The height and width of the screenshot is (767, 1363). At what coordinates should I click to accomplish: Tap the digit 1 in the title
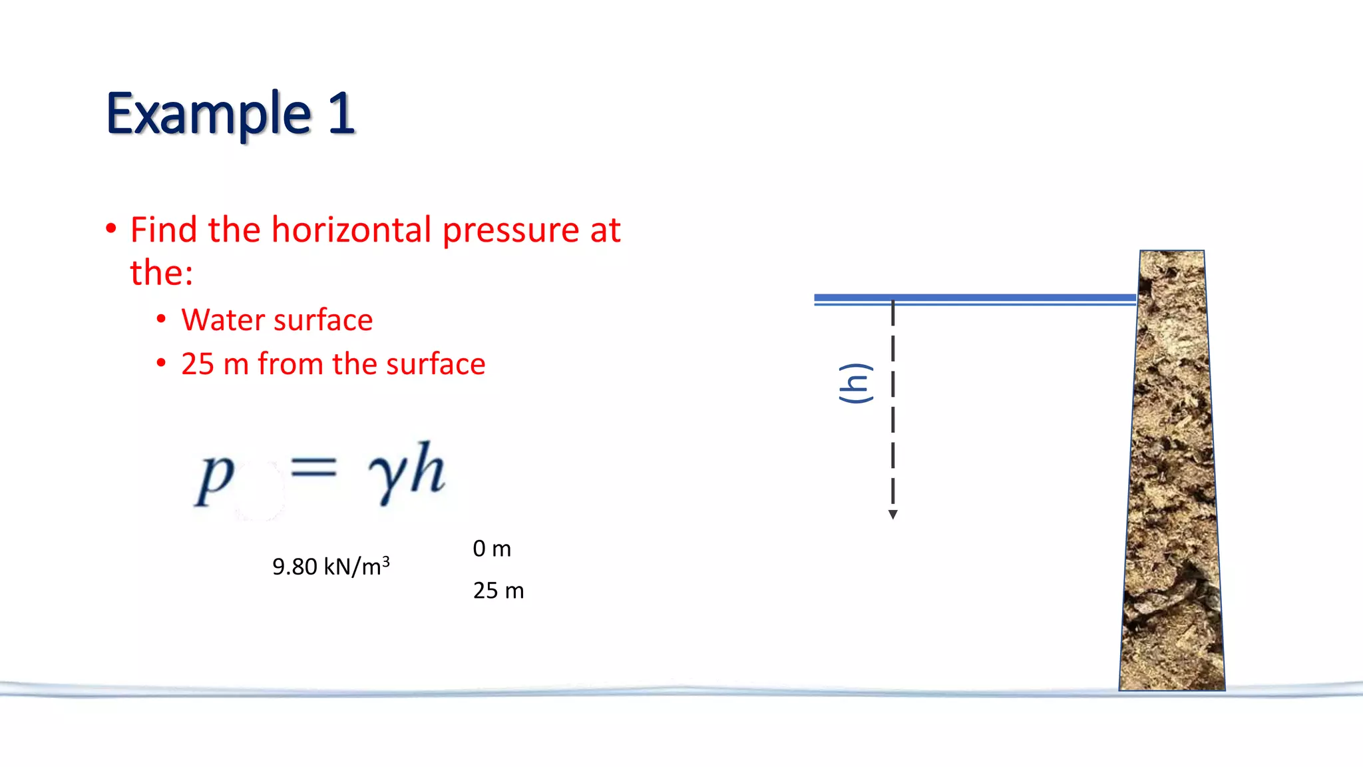tap(341, 113)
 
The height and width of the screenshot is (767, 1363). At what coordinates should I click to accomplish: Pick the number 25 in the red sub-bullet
tap(198, 364)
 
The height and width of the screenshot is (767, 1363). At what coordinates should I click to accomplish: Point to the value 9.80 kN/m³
tap(331, 567)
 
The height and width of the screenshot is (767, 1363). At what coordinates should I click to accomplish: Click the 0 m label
tap(492, 549)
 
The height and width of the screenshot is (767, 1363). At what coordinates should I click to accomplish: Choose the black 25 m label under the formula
tap(498, 591)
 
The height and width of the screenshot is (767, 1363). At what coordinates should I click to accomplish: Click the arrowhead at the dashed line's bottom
tap(893, 514)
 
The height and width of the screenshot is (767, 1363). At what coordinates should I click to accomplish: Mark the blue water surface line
tap(974, 299)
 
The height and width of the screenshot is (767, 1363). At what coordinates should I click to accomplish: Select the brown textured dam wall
tap(1173, 473)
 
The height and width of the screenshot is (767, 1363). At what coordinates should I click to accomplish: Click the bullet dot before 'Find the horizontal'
tap(111, 229)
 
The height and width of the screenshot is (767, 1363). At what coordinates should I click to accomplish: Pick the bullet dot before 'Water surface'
tap(161, 320)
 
